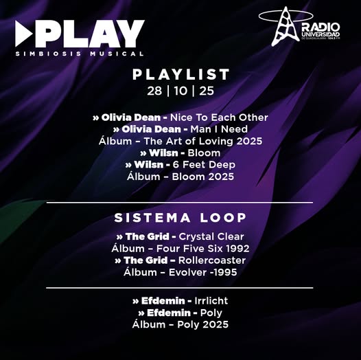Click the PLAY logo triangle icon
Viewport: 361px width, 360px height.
tap(24, 34)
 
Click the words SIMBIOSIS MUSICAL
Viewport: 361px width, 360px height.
tap(80, 53)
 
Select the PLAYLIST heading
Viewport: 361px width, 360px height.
tap(180, 75)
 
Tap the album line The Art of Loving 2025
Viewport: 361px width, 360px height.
tap(181, 141)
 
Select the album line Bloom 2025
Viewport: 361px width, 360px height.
tap(181, 177)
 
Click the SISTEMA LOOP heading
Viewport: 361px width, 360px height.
tap(180, 218)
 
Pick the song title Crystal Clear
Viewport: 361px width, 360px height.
tap(211, 236)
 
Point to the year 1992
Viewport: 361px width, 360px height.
tap(236, 248)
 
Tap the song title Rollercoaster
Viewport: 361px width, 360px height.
tap(211, 260)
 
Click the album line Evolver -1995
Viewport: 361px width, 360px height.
tap(181, 272)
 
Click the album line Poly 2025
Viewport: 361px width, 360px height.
tap(180, 324)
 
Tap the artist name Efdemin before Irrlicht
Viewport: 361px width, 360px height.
tap(162, 300)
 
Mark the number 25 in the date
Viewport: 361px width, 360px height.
tap(206, 91)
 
